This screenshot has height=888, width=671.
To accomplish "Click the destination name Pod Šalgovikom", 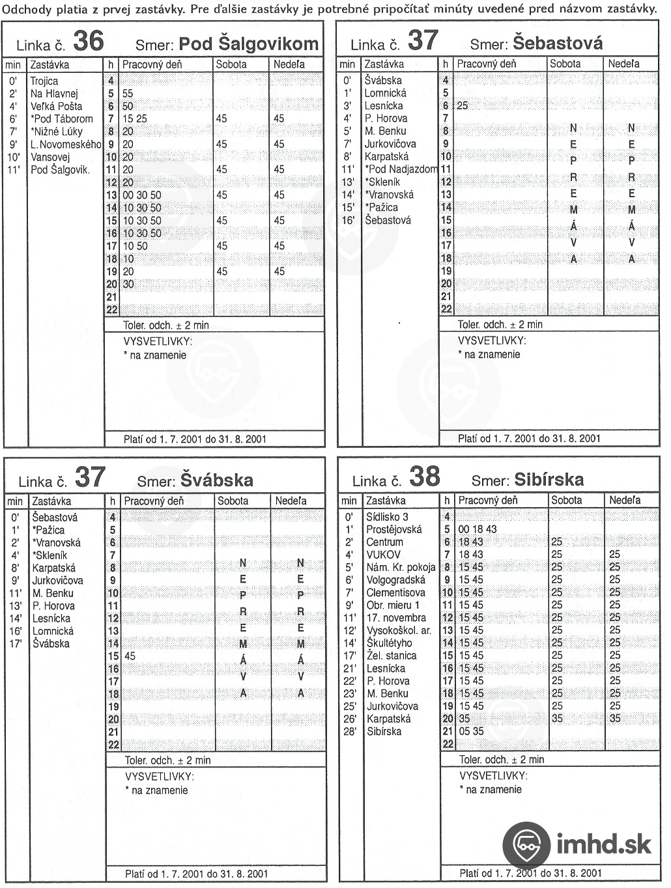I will (248, 44).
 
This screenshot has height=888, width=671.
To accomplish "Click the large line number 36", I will (88, 41).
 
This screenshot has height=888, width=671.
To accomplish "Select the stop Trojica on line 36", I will (44, 81).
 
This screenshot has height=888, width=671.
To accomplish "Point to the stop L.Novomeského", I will (66, 144).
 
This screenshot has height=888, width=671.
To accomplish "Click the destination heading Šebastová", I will (558, 43).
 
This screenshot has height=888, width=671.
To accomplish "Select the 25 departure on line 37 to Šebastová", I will (463, 105).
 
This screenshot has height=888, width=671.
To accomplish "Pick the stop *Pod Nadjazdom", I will (401, 169).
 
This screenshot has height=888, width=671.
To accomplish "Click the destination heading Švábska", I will (217, 480).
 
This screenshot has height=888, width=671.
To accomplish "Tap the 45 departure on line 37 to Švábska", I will (130, 656).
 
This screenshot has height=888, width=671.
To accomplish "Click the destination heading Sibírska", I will (549, 479).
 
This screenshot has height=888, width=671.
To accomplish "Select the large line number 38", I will (424, 477).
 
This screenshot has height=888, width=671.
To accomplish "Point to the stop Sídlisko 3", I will (387, 516).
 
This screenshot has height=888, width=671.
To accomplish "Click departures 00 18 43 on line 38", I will (478, 529).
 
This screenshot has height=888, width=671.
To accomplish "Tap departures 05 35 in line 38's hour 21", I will (471, 731).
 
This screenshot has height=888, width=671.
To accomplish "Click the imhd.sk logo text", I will (603, 844).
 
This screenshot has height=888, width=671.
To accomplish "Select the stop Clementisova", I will (395, 592).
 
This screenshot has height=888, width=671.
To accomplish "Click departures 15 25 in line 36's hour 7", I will (135, 118).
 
